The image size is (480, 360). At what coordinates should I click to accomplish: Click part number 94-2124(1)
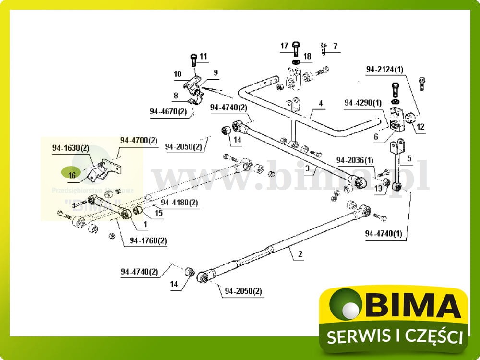coord(385,69)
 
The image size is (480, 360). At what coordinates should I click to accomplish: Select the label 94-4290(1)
coord(363,103)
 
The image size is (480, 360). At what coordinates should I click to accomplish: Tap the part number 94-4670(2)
coord(168,111)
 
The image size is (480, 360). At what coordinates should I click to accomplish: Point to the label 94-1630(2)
coord(71,149)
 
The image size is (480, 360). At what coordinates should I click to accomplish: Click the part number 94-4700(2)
coord(139,141)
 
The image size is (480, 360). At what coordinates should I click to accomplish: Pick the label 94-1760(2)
coord(148,240)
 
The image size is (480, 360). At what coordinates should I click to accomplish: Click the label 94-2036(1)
coord(355,160)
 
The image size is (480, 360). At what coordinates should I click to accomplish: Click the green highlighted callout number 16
coord(72,175)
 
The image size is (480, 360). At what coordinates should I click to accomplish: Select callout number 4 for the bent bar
coord(321,103)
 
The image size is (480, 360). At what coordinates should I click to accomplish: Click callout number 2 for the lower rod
coord(300,255)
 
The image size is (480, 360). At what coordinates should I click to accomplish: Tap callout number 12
coord(420,127)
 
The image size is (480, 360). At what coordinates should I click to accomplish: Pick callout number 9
coord(216,72)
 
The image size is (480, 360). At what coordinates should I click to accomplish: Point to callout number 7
coord(336,47)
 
